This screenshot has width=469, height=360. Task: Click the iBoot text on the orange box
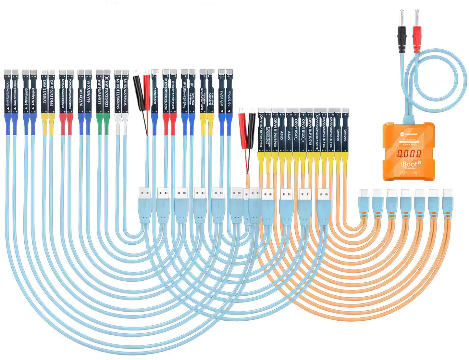407,164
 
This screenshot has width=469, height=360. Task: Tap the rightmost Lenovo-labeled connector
345,133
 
